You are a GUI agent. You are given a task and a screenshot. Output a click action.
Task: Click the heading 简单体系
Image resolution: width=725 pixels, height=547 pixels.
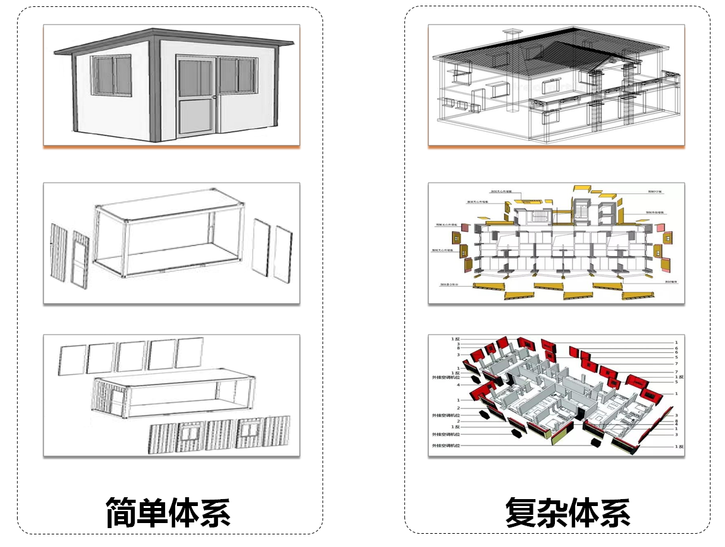point(168,512)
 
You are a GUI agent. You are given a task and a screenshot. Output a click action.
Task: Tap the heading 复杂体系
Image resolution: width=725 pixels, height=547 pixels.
point(568,512)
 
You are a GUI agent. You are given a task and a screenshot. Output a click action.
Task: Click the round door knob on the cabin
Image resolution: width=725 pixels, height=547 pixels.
point(214,97)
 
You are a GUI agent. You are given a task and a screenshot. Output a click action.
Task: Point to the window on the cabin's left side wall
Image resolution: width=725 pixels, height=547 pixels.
point(111,75)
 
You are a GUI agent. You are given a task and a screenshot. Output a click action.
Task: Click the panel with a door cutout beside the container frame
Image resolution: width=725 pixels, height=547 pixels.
point(81,259)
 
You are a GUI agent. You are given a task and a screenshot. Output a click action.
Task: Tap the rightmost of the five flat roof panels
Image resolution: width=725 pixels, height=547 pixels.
point(190,353)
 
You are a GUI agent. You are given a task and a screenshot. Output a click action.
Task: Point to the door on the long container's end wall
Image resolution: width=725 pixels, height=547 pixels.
point(117,397)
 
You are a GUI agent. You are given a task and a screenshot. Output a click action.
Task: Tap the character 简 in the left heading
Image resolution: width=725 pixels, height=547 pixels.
point(120,512)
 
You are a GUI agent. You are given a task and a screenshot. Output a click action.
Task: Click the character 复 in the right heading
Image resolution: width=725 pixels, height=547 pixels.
point(521,512)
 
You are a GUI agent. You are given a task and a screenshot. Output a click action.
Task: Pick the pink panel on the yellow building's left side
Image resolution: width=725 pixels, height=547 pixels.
point(465,227)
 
